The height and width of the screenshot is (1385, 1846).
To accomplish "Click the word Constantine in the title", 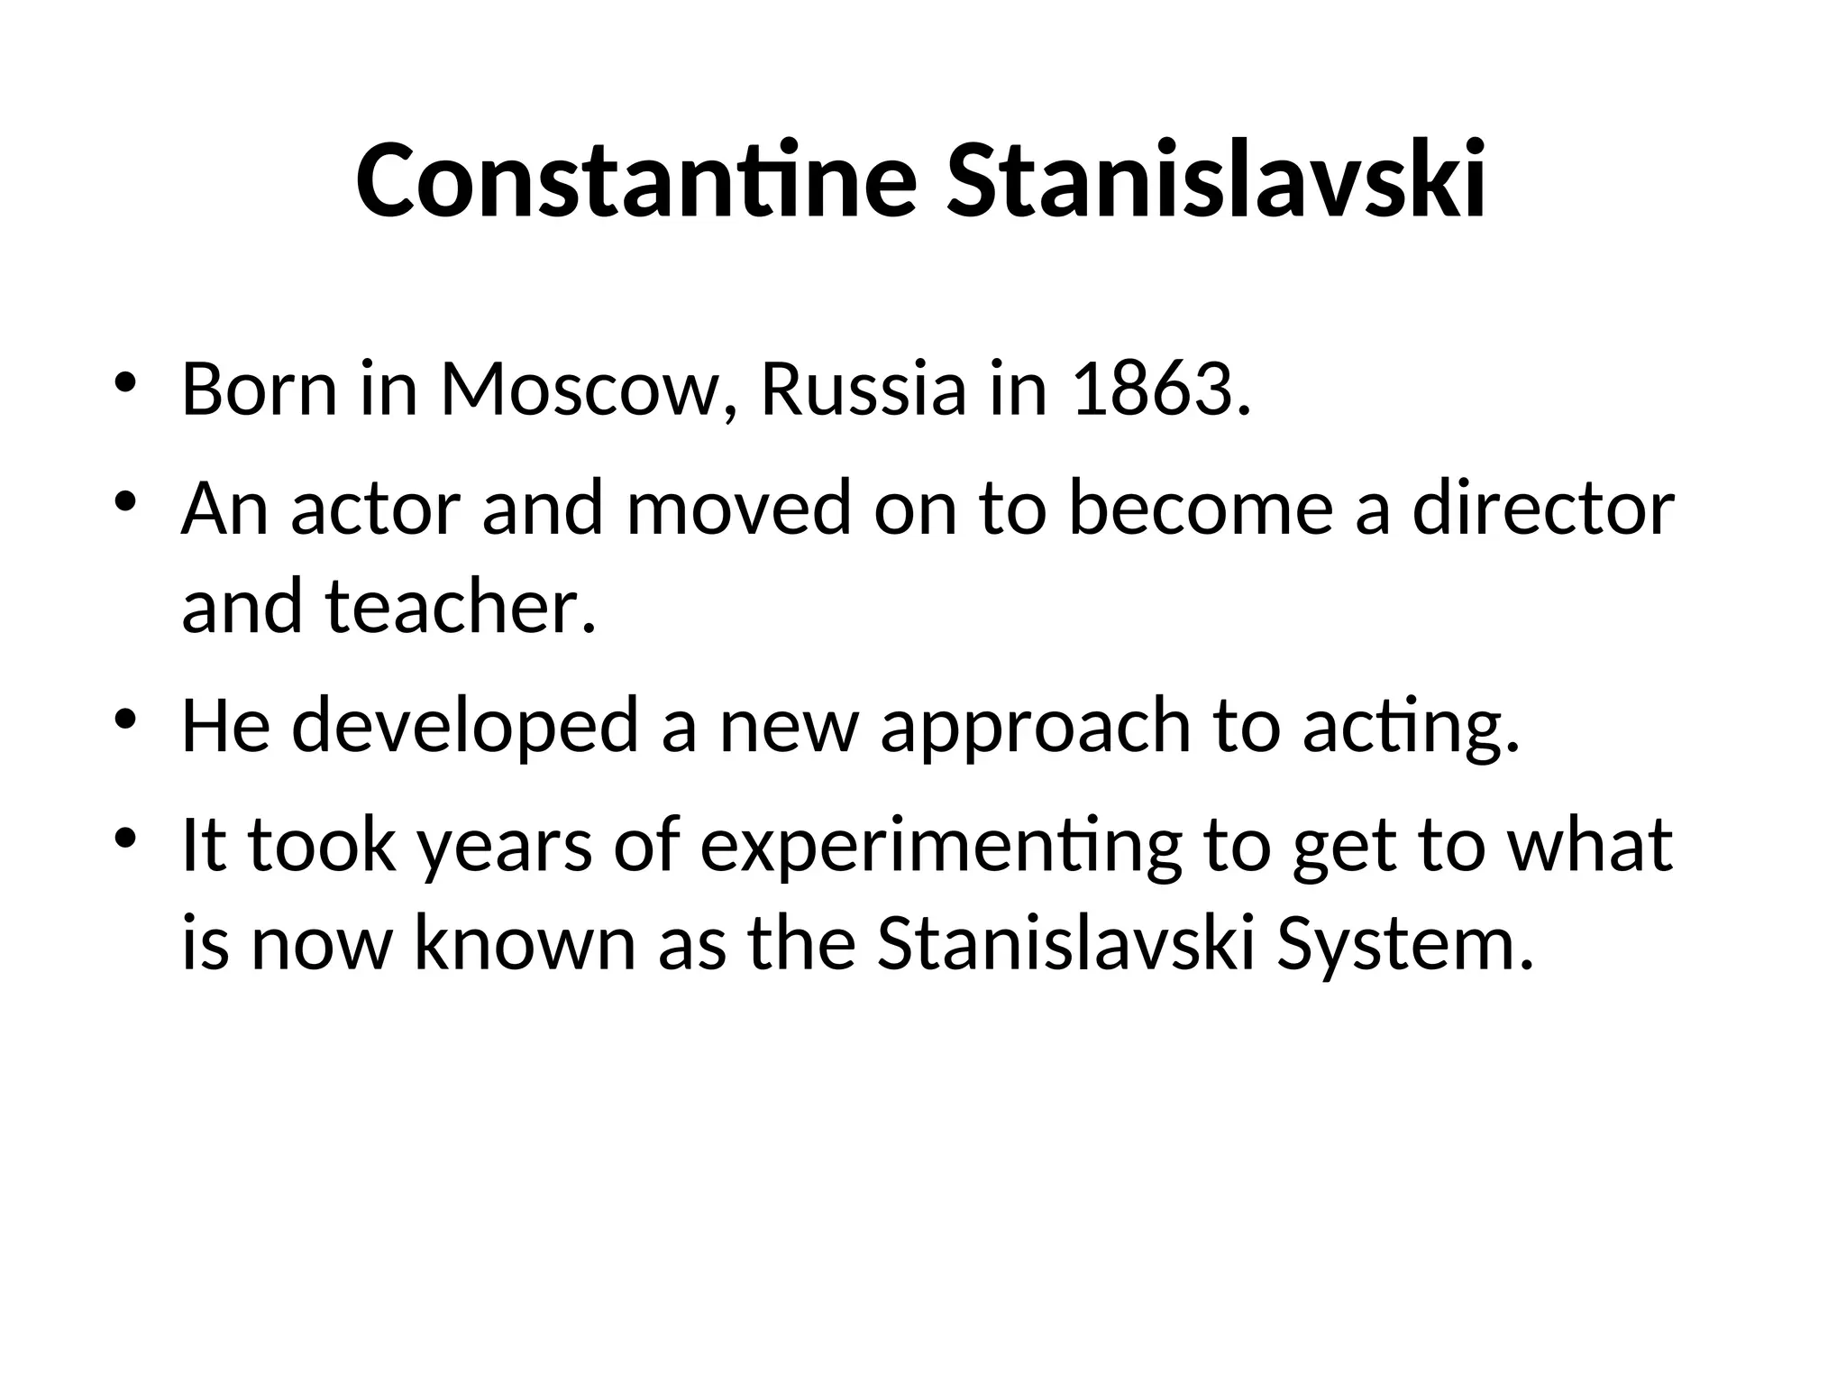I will pyautogui.click(x=636, y=180).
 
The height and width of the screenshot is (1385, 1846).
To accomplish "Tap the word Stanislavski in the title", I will pyautogui.click(x=1215, y=180).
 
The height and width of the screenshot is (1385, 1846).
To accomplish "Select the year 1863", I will pyautogui.click(x=1161, y=390).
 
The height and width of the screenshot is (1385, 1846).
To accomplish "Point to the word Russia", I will pyautogui.click(x=863, y=390).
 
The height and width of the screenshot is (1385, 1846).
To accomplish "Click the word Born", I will pyautogui.click(x=260, y=390).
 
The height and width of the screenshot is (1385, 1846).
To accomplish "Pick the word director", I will pyautogui.click(x=1542, y=509).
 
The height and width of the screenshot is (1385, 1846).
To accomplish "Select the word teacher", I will pyautogui.click(x=460, y=606).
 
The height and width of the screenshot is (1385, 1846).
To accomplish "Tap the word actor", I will pyautogui.click(x=376, y=509).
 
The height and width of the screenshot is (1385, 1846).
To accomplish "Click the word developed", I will pyautogui.click(x=464, y=725).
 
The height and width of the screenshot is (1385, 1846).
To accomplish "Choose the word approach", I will pyautogui.click(x=1035, y=727).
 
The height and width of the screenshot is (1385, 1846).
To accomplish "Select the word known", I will pyautogui.click(x=525, y=943).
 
